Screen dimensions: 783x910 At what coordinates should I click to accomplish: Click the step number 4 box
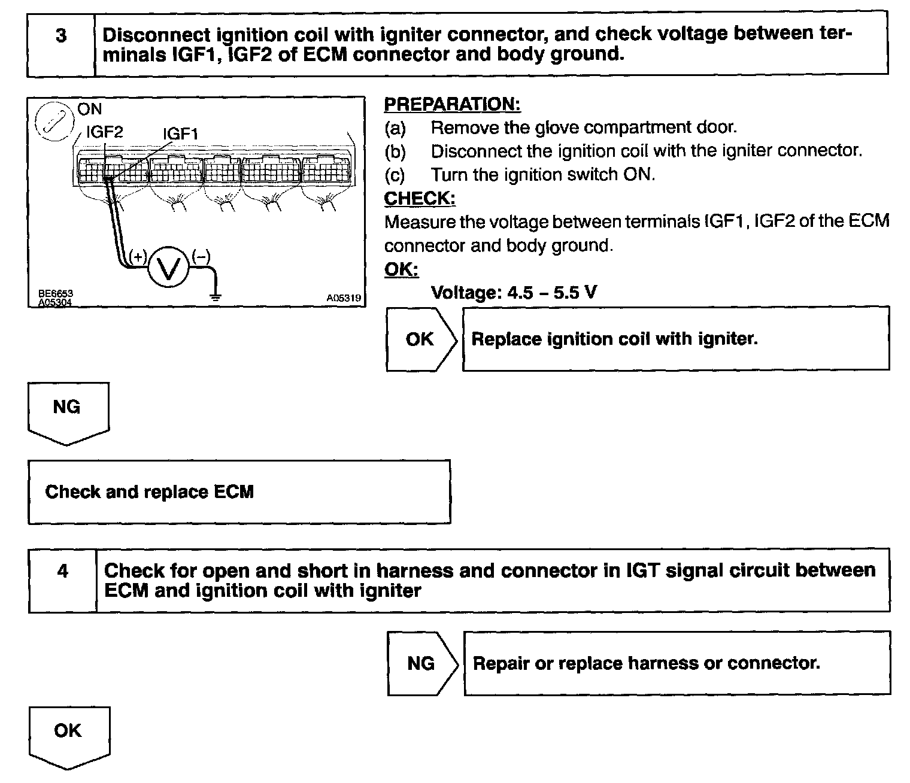[62, 580]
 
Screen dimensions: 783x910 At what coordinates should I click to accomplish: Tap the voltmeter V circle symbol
[168, 269]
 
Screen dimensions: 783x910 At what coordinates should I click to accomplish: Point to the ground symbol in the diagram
[216, 295]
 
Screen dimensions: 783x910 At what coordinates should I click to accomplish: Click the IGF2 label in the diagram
[105, 132]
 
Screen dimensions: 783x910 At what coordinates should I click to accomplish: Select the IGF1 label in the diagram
[181, 133]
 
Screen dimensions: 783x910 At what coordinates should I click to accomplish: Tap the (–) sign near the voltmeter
[201, 257]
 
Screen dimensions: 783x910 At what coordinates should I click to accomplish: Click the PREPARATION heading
[452, 104]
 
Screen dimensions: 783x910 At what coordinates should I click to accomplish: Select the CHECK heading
[420, 198]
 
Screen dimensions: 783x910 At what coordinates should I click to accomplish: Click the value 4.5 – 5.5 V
[551, 292]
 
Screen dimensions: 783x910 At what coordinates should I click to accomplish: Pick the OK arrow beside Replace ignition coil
[421, 339]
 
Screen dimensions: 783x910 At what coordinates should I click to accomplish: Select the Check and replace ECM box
[239, 492]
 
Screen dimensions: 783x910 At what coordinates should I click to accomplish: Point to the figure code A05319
[344, 298]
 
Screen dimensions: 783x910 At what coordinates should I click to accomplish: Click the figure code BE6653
[56, 293]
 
